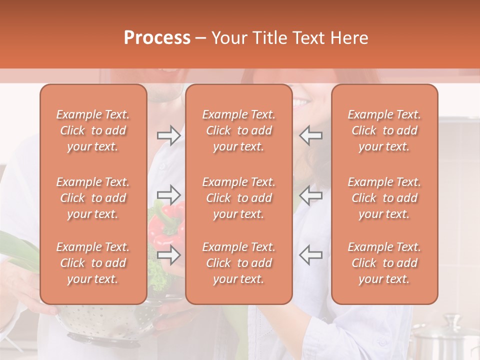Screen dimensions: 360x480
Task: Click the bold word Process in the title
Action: (x=157, y=37)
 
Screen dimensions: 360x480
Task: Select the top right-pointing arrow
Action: (x=168, y=135)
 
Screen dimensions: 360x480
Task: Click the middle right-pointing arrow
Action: (x=168, y=194)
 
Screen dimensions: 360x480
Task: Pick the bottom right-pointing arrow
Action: (x=168, y=254)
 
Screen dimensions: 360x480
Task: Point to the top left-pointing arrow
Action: (x=311, y=135)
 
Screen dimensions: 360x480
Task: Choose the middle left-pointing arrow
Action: (x=311, y=194)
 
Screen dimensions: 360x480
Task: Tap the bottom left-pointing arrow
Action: (x=311, y=254)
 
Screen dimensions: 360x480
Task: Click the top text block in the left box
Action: (x=93, y=130)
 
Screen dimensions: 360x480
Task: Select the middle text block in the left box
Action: (x=93, y=198)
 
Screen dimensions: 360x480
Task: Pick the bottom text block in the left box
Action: (x=93, y=263)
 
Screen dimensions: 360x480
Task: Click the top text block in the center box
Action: (x=238, y=130)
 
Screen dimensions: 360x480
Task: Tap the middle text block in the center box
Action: (x=238, y=198)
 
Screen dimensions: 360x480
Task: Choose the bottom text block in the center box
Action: (x=238, y=263)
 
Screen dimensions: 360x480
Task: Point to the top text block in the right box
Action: (x=384, y=130)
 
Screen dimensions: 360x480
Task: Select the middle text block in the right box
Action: (x=384, y=198)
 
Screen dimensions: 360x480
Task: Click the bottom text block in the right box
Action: (x=384, y=263)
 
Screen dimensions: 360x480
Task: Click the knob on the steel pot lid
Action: (x=452, y=319)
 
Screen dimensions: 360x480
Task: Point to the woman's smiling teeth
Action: (x=302, y=103)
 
